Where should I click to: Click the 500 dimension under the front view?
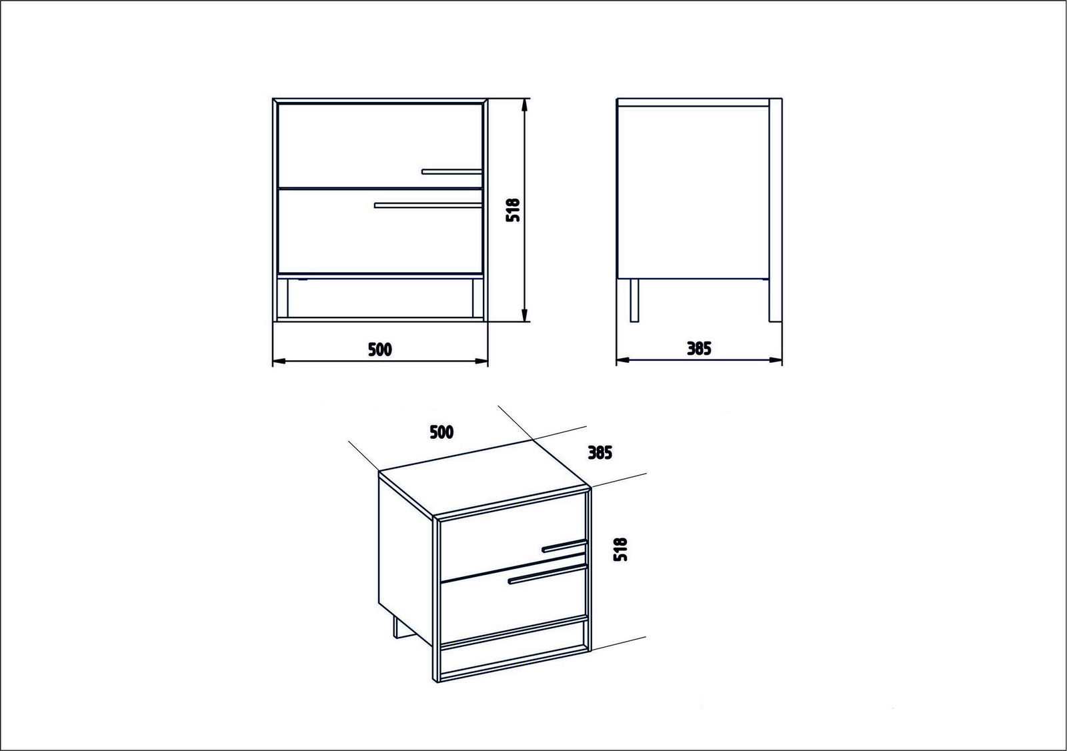click(x=380, y=349)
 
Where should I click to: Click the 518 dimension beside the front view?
click(x=513, y=209)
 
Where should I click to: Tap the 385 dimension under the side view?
click(x=699, y=349)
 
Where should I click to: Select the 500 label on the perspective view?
click(x=441, y=432)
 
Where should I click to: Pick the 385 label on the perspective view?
click(x=600, y=453)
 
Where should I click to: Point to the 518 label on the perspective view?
click(x=620, y=550)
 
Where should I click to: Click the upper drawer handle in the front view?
click(x=452, y=171)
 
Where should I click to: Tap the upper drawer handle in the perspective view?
click(x=564, y=546)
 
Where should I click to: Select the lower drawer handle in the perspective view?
click(x=548, y=574)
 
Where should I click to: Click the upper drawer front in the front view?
click(x=380, y=145)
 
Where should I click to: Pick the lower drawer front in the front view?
click(x=380, y=231)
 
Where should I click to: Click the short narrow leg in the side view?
click(x=634, y=301)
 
